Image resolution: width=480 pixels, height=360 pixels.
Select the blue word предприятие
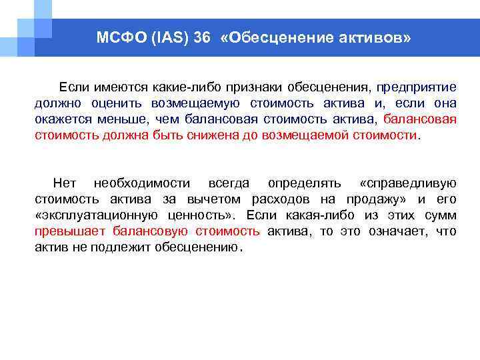416,87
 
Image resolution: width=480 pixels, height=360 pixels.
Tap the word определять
304,183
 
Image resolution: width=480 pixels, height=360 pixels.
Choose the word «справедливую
407,183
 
